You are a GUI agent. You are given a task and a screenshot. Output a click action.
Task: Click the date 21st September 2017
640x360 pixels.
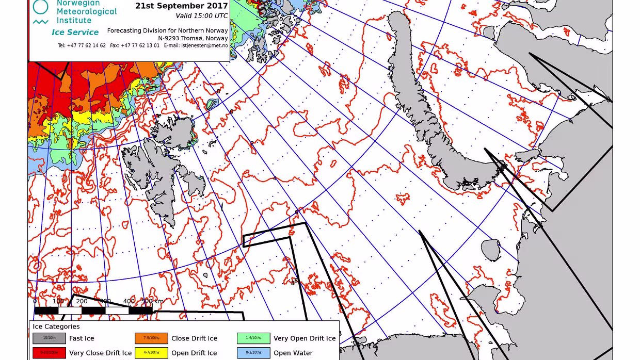point(181,6)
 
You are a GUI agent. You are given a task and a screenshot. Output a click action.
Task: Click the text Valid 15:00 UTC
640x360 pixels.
point(202,16)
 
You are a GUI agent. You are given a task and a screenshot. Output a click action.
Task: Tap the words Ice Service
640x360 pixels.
point(75,32)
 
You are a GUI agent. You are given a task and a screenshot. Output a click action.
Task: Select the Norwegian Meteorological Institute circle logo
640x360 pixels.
point(40,6)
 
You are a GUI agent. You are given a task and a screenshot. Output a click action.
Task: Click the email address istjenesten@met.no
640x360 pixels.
point(204,45)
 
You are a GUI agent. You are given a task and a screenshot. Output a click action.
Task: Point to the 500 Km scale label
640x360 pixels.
point(152,301)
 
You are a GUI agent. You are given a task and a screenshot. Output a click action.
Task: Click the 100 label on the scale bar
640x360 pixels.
point(58,301)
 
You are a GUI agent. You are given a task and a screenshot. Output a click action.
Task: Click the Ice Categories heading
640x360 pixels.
point(56,326)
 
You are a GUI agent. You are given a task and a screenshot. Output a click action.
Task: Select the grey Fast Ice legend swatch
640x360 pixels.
point(49,338)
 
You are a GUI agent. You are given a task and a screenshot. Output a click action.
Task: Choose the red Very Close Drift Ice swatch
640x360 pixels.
point(49,353)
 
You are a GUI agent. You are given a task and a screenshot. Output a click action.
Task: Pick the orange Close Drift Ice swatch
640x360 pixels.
point(151,338)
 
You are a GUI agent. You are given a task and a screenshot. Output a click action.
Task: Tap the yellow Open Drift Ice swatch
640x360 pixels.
point(151,353)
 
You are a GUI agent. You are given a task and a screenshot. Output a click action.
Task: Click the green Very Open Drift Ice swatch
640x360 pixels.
point(253,338)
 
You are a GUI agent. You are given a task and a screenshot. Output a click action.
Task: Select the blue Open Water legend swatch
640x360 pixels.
point(253,353)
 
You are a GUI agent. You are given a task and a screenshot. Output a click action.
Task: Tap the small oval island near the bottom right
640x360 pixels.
point(491,250)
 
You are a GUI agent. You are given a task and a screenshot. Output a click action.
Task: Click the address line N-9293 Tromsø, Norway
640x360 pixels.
point(193,38)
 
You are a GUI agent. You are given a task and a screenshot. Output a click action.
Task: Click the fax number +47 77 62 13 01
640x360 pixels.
point(140,45)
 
